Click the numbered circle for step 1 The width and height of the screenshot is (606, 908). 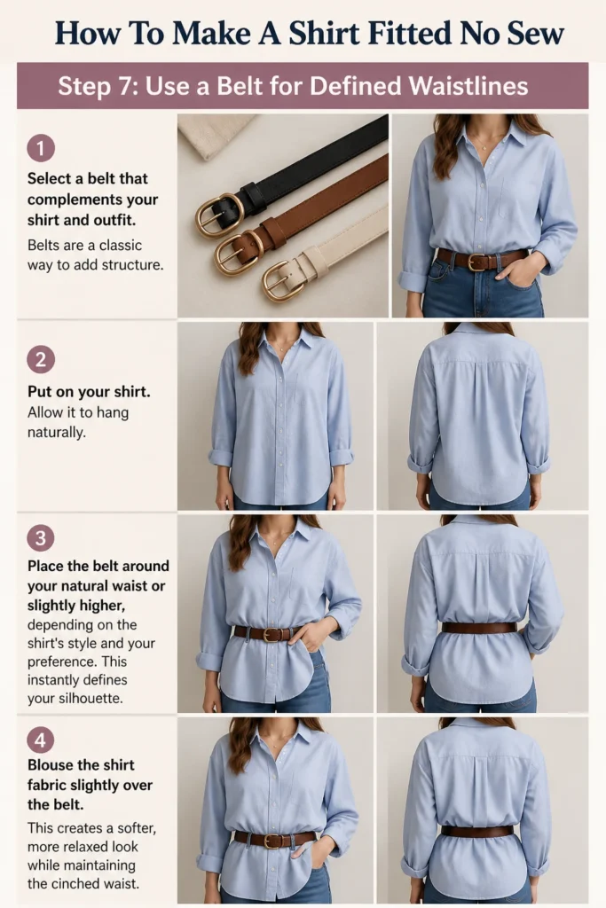pyautogui.click(x=41, y=148)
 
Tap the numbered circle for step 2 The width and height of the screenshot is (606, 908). pyautogui.click(x=41, y=360)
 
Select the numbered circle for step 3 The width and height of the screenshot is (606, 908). pyautogui.click(x=41, y=538)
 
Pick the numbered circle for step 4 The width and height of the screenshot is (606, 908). pyautogui.click(x=41, y=740)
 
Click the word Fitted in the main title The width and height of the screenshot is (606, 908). pyautogui.click(x=409, y=33)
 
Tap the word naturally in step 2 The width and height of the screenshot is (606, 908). pyautogui.click(x=56, y=433)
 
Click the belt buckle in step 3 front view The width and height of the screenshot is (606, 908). pyautogui.click(x=271, y=634)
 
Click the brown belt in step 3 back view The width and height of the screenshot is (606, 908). pyautogui.click(x=478, y=627)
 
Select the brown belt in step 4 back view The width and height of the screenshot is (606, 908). pyautogui.click(x=477, y=832)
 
